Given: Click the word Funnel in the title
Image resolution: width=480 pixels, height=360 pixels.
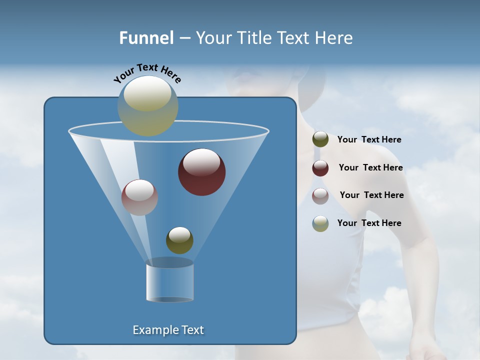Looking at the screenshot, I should coord(146,38).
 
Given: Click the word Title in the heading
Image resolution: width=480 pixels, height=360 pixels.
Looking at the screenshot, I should coord(253,38).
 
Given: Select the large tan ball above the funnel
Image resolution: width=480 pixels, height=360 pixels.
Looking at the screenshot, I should coord(147,105).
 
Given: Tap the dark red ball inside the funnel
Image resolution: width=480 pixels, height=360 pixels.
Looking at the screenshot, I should coord(201,172).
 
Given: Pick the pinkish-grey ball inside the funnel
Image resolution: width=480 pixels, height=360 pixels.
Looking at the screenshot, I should coord(139,197).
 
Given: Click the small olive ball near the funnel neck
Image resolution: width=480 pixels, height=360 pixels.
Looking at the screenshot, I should coord(179,240).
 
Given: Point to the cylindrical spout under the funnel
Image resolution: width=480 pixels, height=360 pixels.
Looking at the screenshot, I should coord(169,283).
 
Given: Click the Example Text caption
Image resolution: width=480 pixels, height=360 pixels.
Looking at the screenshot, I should coord(168,330).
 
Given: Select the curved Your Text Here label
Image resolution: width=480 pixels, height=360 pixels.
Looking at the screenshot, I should coord(147,73).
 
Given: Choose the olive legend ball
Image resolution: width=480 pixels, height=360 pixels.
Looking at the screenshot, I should coord(320,139).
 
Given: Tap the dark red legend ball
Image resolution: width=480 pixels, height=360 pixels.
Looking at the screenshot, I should coord(320,168).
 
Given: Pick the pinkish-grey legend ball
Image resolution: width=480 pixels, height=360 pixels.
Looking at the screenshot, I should coord(320,196).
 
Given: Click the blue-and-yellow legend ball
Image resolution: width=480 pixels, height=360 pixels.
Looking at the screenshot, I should coord(320,223).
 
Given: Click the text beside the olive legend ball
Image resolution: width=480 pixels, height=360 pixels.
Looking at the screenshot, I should coord(369,140).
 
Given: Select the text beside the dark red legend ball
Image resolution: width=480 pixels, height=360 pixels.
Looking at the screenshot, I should coord(370,167).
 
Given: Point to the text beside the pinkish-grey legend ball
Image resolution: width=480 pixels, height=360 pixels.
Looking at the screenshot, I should coord(371,195).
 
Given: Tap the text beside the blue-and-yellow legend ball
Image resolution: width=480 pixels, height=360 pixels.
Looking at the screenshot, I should coord(369,223).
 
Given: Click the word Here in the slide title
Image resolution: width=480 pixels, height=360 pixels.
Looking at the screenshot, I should coord(334,38).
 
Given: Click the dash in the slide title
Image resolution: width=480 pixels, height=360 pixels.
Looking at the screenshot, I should coord(184,38).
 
